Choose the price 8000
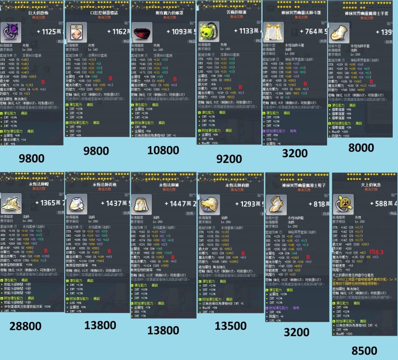click(361, 148)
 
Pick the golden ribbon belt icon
click(273, 32)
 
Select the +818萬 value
click(309, 204)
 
